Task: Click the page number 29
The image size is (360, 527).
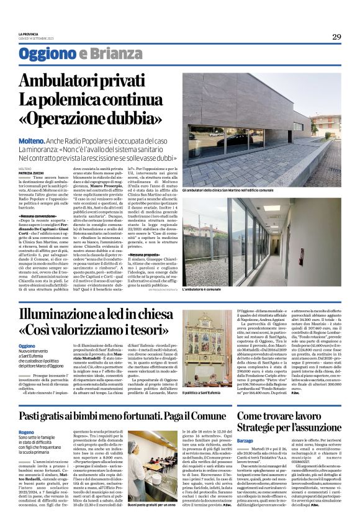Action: pyautogui.click(x=336, y=37)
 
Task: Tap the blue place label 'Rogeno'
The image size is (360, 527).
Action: pyautogui.click(x=26, y=431)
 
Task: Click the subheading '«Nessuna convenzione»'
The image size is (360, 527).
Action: pyautogui.click(x=39, y=215)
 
